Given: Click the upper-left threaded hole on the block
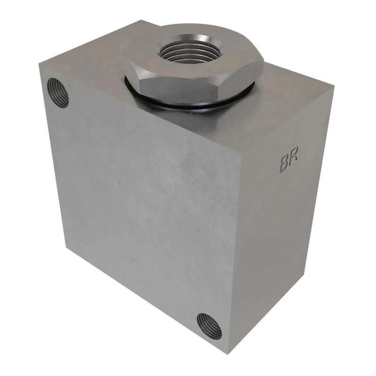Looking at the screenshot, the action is point(58,93).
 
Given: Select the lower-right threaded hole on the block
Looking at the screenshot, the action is point(209,326).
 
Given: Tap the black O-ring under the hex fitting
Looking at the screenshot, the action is point(189,101).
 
